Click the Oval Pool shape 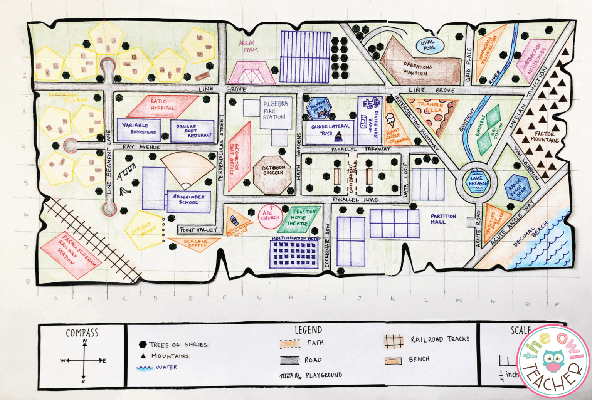pyautogui.click(x=429, y=45)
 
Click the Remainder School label pyautogui.click(x=189, y=199)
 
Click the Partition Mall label pyautogui.click(x=443, y=219)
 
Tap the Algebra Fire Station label pyautogui.click(x=275, y=110)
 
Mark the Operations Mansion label pyautogui.click(x=417, y=69)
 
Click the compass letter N pyautogui.click(x=84, y=341)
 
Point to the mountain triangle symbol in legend pyautogui.click(x=143, y=356)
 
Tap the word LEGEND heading pyautogui.click(x=308, y=330)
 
